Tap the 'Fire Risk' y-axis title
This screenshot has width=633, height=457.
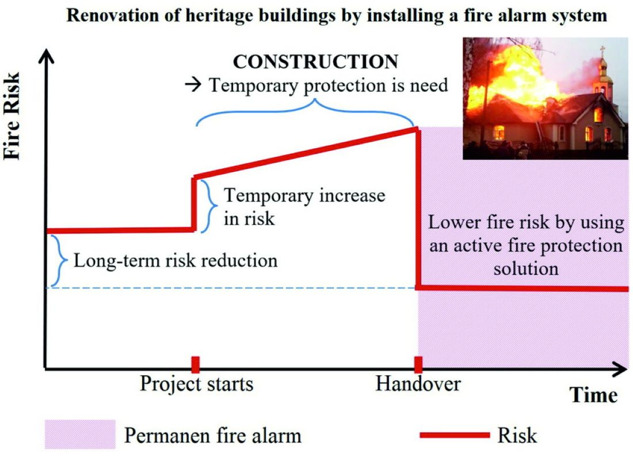pyautogui.click(x=13, y=115)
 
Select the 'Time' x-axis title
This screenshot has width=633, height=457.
pyautogui.click(x=593, y=395)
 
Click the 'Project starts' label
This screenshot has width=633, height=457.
pyautogui.click(x=196, y=384)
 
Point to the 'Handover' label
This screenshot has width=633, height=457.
pyautogui.click(x=418, y=384)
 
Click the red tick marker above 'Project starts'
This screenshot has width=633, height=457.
pyautogui.click(x=196, y=364)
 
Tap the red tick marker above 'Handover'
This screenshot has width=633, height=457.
pyautogui.click(x=418, y=364)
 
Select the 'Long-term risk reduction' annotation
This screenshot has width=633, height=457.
pyautogui.click(x=176, y=260)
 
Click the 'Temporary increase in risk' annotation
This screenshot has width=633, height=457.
pyautogui.click(x=304, y=206)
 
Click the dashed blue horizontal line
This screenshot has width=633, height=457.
pyautogui.click(x=230, y=288)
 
